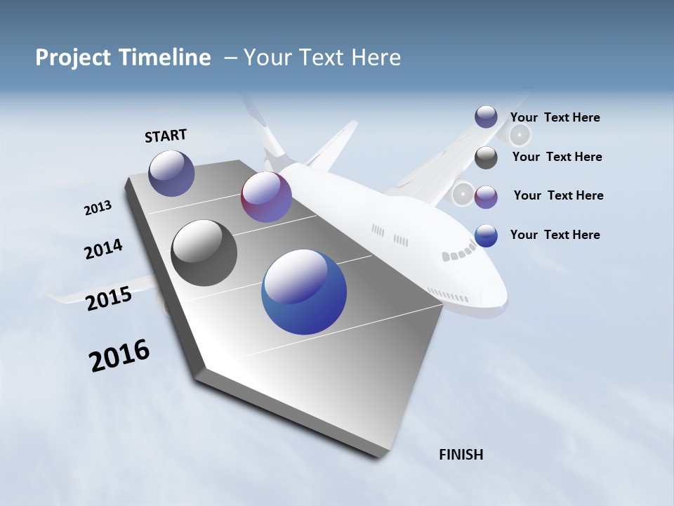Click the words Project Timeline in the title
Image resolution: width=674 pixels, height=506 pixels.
click(123, 58)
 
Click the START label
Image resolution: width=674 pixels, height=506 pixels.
click(166, 136)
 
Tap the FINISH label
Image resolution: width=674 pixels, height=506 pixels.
click(461, 455)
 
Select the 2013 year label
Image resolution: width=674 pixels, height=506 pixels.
click(98, 208)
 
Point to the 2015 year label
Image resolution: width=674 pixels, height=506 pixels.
click(109, 299)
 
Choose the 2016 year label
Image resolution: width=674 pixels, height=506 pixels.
click(119, 356)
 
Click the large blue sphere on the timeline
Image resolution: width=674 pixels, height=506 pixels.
click(304, 292)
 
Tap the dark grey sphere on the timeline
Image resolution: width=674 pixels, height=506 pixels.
click(204, 253)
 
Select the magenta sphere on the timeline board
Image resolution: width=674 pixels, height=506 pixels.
click(266, 197)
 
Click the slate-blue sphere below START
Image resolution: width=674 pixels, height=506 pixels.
click(171, 173)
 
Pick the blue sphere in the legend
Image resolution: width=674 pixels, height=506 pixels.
click(486, 235)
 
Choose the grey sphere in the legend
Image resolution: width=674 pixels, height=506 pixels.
click(486, 157)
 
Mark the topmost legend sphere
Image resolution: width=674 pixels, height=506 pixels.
click(486, 117)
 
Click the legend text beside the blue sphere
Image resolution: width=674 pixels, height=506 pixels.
click(555, 235)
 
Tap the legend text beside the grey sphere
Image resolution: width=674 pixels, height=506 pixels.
click(557, 157)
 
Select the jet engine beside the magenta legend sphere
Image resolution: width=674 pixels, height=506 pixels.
click(463, 193)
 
